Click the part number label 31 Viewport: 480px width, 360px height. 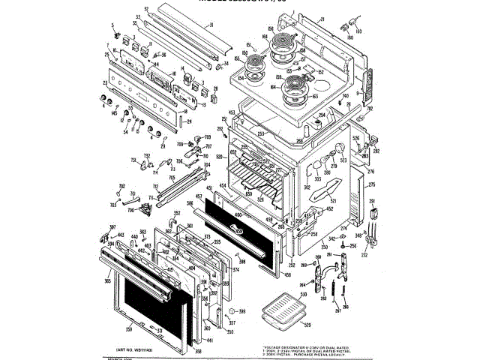point(212,25)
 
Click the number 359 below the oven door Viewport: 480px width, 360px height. point(130,328)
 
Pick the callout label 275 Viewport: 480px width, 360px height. point(371,184)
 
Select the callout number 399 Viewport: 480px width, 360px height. point(242,310)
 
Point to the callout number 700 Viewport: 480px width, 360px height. point(130,211)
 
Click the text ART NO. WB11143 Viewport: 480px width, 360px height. point(135,349)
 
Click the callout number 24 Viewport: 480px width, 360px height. point(188,120)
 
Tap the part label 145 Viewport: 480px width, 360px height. point(114,113)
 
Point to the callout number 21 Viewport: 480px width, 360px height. point(321,19)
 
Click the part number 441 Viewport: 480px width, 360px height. point(209,340)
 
